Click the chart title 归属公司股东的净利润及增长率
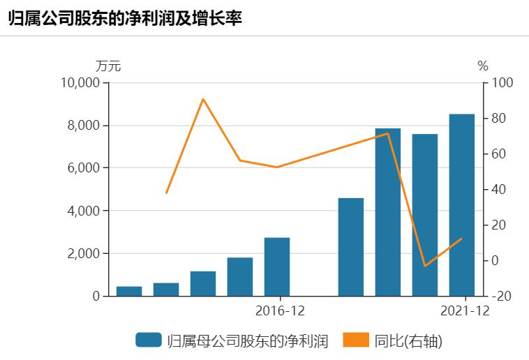[x=125, y=18]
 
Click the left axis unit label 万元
[x=108, y=66]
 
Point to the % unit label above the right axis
[x=483, y=66]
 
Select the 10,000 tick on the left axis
[x=81, y=83]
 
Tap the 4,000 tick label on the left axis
[x=85, y=211]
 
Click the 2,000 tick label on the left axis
[x=85, y=253]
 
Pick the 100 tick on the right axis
[x=502, y=83]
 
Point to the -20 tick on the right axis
[x=502, y=296]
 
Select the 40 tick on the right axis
[x=500, y=190]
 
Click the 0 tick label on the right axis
[x=496, y=260]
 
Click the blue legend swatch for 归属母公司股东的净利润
[x=149, y=340]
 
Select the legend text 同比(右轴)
[x=408, y=340]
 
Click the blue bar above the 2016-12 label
[x=277, y=267]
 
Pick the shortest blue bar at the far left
[x=129, y=291]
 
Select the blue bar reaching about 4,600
[x=351, y=247]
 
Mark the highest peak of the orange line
[x=202, y=99]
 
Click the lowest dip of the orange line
[x=424, y=266]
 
